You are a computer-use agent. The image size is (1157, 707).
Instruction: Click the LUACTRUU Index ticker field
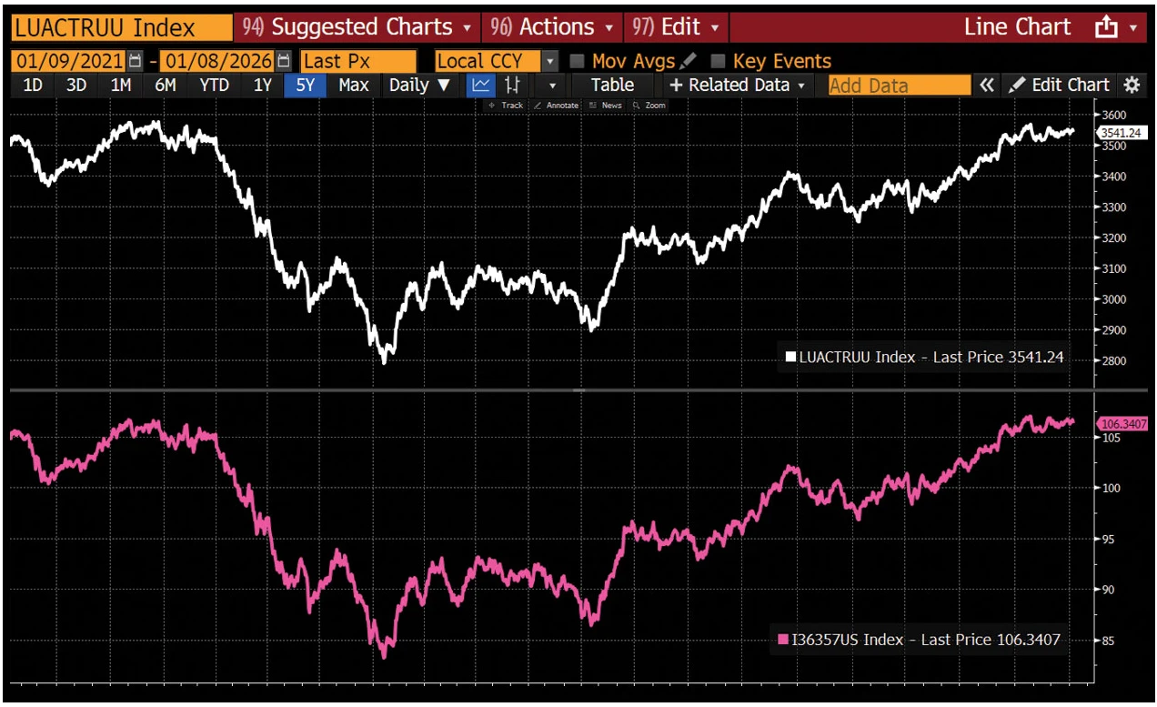point(121,27)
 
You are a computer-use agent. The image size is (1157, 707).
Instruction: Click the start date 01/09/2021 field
point(68,61)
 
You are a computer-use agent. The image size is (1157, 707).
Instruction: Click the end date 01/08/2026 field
point(217,61)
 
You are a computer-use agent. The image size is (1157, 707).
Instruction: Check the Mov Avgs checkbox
point(577,61)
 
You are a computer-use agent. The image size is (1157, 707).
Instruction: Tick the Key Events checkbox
point(718,61)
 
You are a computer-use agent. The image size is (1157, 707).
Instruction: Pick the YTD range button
point(215,85)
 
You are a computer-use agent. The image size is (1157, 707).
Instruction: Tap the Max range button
point(353,85)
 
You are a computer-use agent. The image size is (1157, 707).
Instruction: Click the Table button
point(612,85)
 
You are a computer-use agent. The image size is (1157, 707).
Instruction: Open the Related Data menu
point(738,85)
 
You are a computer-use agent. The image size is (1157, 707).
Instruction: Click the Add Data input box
point(899,85)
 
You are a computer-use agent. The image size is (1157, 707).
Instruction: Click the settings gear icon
point(1132,85)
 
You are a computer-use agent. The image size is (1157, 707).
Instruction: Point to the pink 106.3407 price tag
point(1122,424)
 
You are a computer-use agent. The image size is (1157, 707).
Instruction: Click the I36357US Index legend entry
point(919,640)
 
